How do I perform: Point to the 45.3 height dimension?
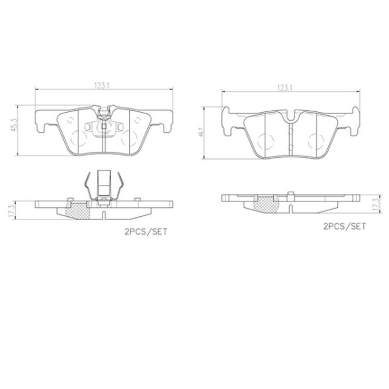pos(18,128)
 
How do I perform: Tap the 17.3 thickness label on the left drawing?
pos(18,208)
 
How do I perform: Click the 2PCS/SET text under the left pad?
pos(145,232)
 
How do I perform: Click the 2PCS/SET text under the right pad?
pos(344,226)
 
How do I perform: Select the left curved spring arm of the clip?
pos(87,186)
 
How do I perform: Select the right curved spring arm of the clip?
pos(122,186)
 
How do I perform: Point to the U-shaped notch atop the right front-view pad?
pos(291,116)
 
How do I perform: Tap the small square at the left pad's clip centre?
pos(104,127)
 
